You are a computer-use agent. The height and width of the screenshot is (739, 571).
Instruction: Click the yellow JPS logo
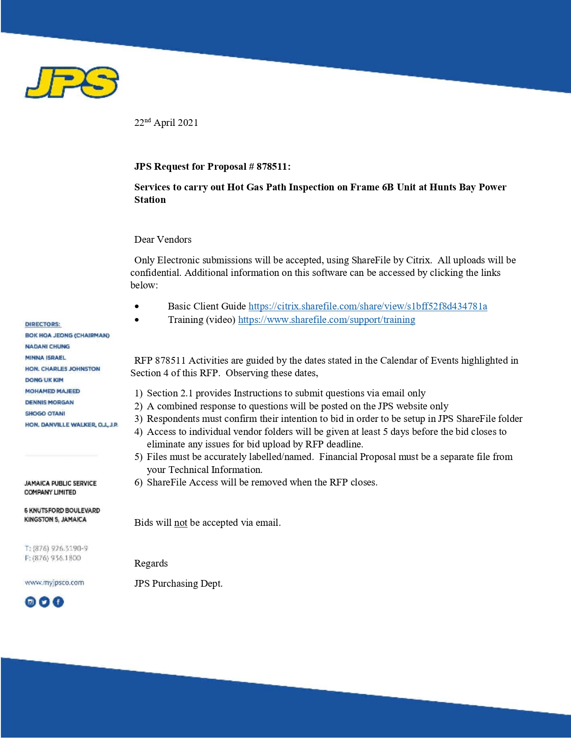(72, 82)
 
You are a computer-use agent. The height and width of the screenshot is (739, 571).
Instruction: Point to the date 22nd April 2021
(166, 123)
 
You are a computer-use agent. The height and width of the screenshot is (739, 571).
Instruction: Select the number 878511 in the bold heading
(272, 167)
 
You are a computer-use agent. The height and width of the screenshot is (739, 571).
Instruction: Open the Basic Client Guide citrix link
(368, 306)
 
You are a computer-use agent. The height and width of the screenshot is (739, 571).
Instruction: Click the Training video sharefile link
(326, 320)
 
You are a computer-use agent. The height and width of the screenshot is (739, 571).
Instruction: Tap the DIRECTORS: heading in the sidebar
(43, 324)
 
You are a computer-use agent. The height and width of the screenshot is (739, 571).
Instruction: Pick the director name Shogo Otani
(45, 413)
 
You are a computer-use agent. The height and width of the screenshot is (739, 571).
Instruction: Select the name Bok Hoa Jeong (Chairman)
(67, 335)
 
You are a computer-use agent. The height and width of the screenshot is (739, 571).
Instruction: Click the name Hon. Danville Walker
(71, 425)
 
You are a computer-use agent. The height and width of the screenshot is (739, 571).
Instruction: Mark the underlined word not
(180, 523)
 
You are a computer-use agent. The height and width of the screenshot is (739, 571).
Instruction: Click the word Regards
(151, 563)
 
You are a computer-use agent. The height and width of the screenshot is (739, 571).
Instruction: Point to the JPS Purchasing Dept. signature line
(178, 584)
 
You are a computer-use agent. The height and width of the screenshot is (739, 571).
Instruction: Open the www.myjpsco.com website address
(54, 583)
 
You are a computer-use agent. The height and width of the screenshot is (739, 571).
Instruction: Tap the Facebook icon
(58, 602)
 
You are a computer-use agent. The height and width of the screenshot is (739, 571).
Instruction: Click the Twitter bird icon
(44, 602)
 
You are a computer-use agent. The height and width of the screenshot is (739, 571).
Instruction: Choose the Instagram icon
(30, 602)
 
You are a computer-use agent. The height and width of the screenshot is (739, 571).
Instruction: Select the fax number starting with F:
(53, 558)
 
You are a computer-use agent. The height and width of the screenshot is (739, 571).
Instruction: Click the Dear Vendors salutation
(163, 240)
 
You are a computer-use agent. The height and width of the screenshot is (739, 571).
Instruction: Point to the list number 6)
(138, 482)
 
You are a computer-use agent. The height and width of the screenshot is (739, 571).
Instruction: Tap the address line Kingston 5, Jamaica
(56, 520)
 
